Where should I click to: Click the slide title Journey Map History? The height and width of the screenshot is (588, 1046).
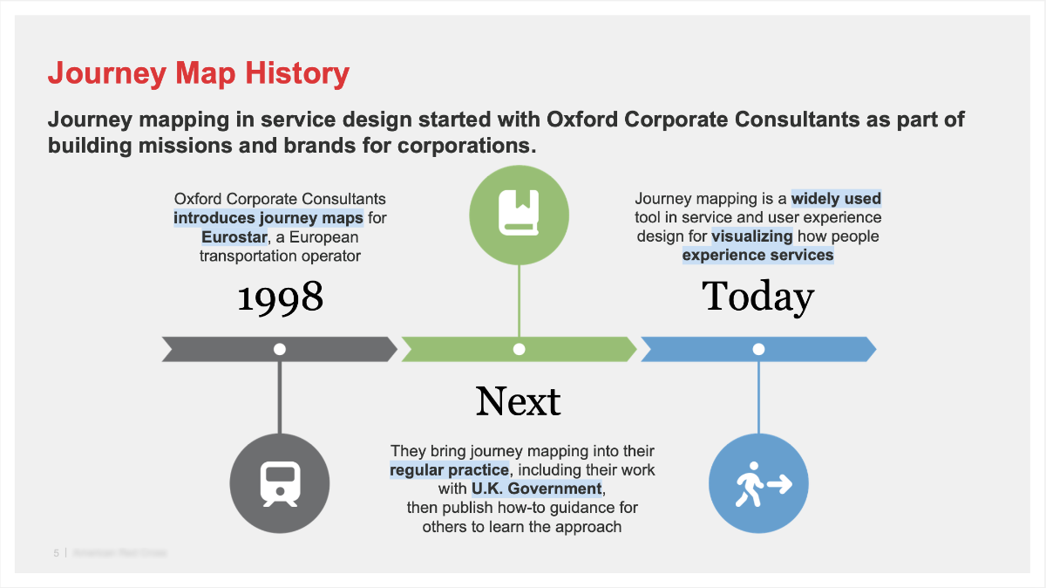[x=198, y=73]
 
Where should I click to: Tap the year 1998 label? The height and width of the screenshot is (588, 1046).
[x=280, y=298]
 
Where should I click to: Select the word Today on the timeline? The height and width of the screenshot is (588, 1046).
[x=757, y=297]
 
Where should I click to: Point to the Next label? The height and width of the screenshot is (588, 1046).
[x=518, y=401]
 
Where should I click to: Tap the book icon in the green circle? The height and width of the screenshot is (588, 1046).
[x=519, y=214]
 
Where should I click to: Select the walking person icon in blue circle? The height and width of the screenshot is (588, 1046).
[x=758, y=483]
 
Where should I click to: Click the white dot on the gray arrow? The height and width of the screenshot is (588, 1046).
[x=280, y=349]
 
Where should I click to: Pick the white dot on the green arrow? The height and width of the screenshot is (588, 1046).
[x=519, y=349]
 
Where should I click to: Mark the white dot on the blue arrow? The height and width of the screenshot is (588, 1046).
[x=758, y=349]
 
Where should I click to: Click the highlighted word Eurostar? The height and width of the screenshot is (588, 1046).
[x=234, y=237]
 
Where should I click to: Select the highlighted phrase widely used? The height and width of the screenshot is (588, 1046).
[x=836, y=199]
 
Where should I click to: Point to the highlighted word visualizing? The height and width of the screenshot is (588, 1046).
[x=752, y=236]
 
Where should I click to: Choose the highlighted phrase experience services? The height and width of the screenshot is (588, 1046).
[x=757, y=256]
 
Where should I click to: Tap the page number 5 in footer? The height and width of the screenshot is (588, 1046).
[x=57, y=553]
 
